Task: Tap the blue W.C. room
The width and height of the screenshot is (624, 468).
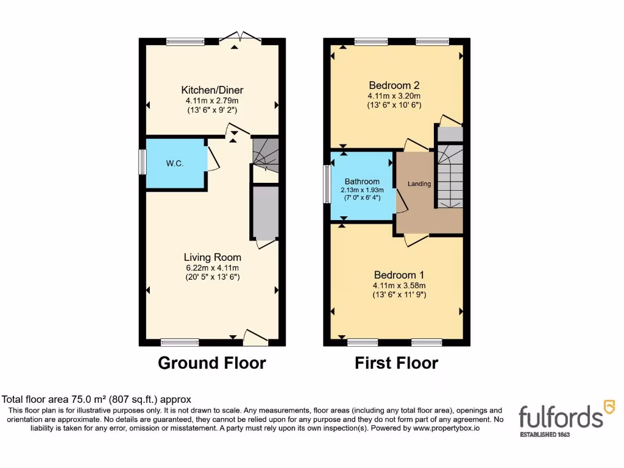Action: point(175,164)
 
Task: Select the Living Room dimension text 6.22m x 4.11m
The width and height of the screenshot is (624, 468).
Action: point(212,268)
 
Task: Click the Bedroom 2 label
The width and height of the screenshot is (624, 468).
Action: point(394,85)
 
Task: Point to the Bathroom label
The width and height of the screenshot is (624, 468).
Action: point(362,182)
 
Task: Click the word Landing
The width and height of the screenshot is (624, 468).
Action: point(419,184)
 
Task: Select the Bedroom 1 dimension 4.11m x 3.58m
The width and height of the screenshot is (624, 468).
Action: point(399,285)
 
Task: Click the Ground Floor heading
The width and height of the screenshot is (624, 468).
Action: point(211,363)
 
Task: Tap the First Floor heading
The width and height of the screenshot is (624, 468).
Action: point(396,363)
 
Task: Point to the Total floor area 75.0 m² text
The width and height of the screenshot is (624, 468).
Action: point(97,400)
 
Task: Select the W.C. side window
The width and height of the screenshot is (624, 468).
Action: point(142,163)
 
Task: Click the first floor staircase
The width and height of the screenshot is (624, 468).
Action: point(449,177)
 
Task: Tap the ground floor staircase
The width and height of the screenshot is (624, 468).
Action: point(266,155)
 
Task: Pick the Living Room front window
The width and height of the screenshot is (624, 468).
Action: point(180,342)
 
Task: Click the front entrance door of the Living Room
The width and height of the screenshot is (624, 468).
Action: point(255,337)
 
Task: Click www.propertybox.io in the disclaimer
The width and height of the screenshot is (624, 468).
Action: point(446,428)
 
